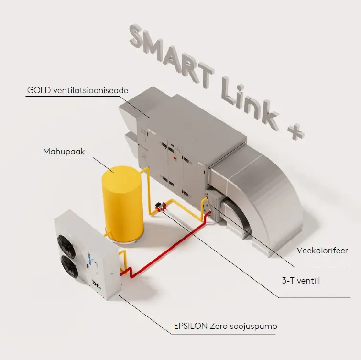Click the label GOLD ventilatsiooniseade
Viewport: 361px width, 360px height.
pyautogui.click(x=77, y=90)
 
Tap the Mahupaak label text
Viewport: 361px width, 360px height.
pyautogui.click(x=64, y=152)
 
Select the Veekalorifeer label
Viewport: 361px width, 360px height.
pyautogui.click(x=322, y=251)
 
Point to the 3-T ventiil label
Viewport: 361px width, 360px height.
pyautogui.click(x=301, y=281)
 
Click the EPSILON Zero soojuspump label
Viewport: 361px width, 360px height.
pyautogui.click(x=226, y=326)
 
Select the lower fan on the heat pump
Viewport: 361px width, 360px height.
pyautogui.click(x=69, y=267)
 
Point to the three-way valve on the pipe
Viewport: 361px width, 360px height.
pyautogui.click(x=161, y=207)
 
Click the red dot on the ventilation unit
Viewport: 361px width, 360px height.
pyautogui.click(x=175, y=158)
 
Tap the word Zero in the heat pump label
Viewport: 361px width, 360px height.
pyautogui.click(x=218, y=326)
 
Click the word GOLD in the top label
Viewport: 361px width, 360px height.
pyautogui.click(x=39, y=90)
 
